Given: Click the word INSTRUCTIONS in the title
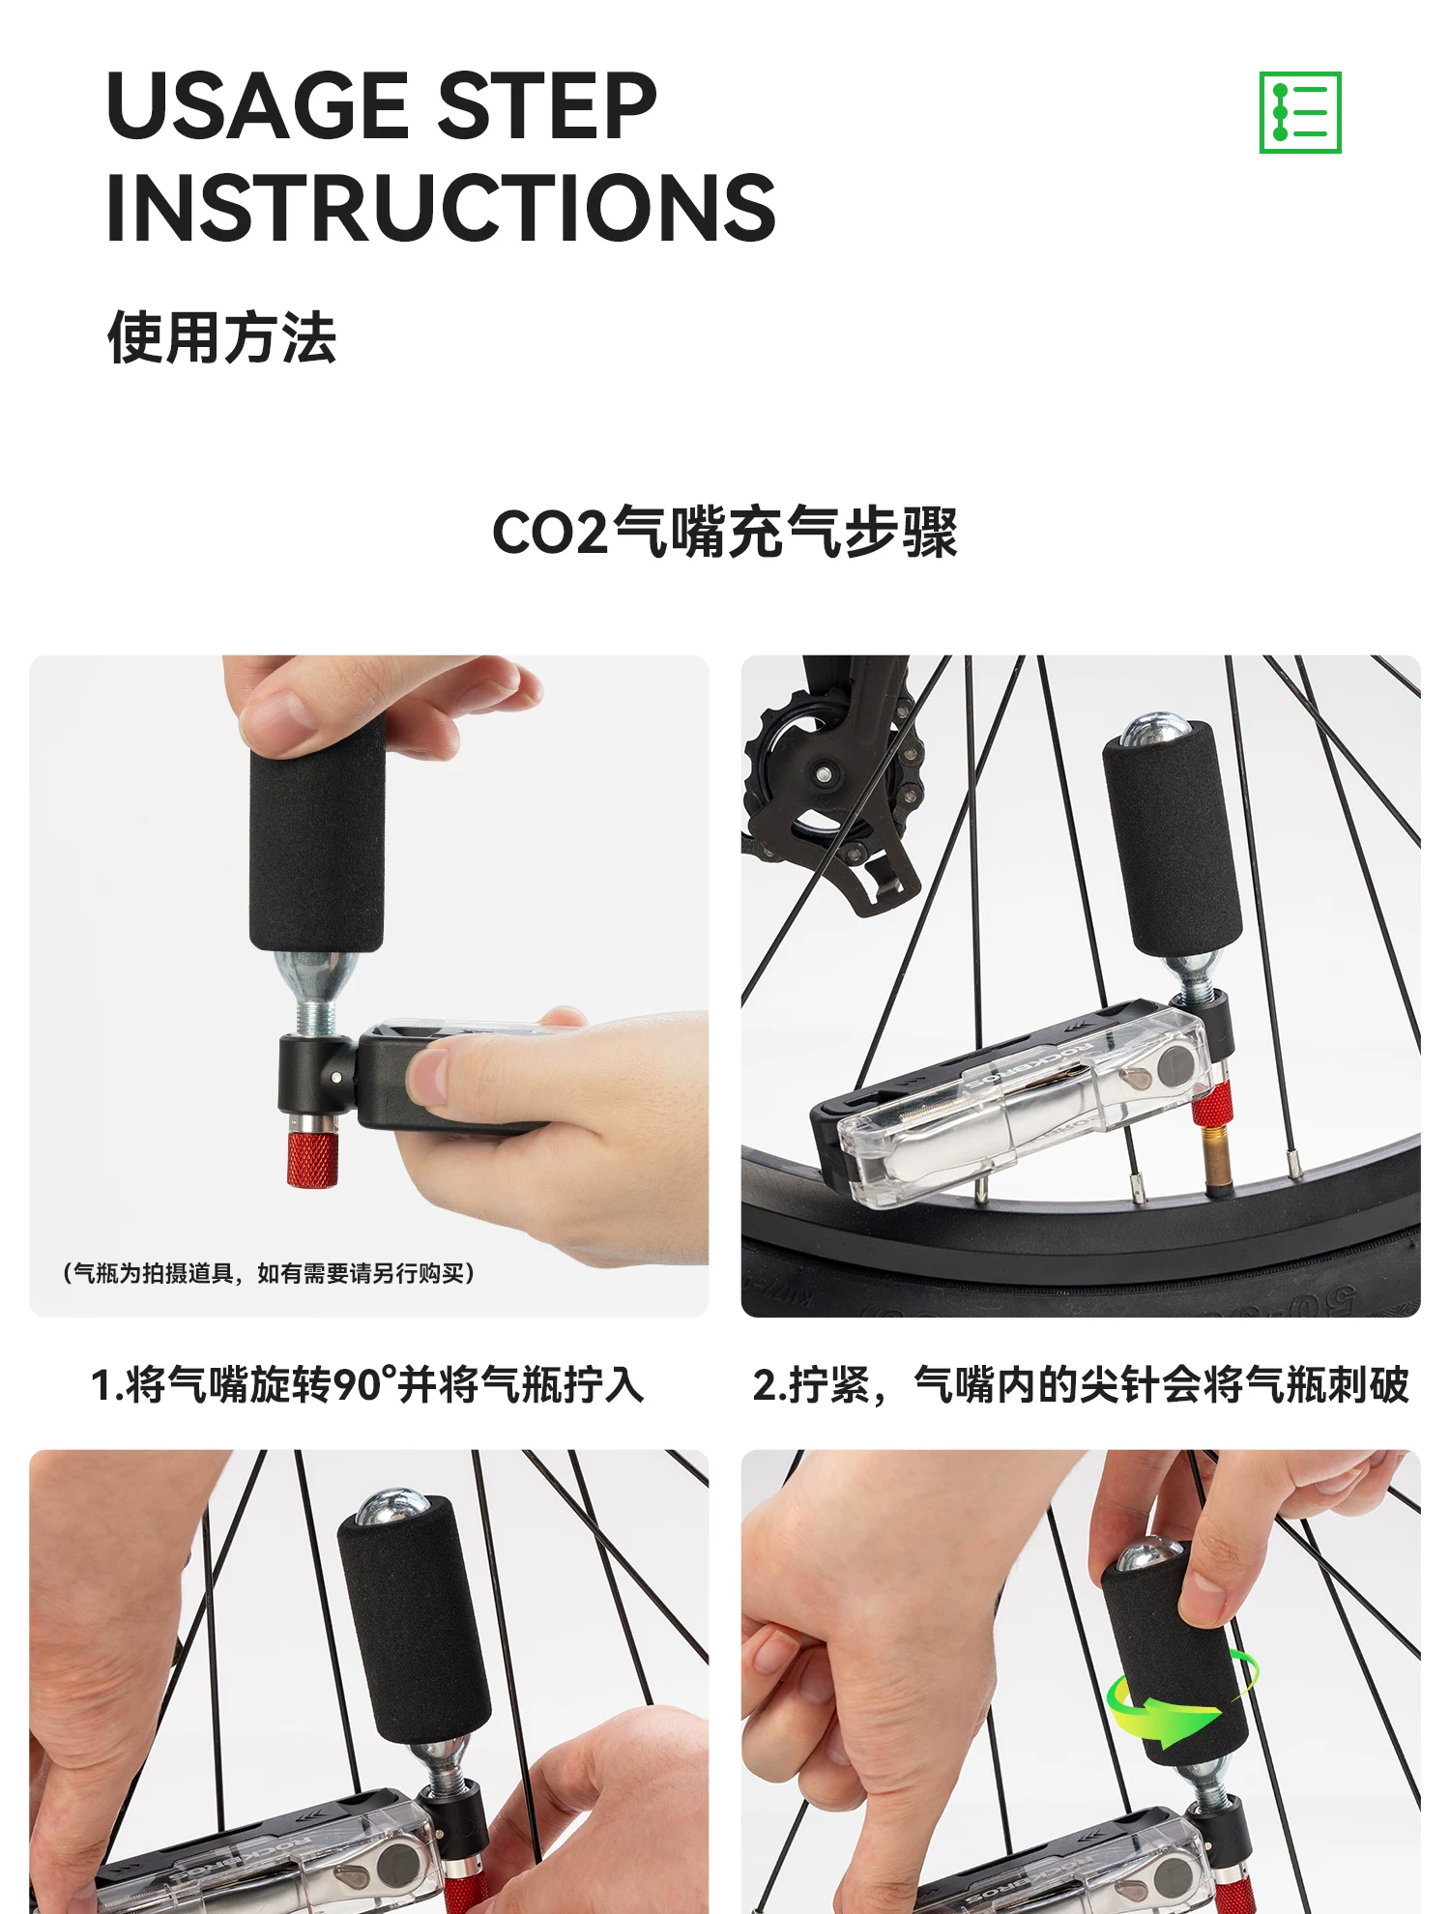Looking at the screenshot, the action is (441, 208).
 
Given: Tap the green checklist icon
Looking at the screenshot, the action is (1300, 112).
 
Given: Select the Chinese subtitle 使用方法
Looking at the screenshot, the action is (221, 338).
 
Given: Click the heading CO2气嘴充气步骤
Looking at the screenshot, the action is (725, 532).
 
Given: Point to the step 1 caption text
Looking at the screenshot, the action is (367, 1384).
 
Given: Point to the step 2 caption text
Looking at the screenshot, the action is (1081, 1384).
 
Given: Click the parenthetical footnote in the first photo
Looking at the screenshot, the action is (269, 1273).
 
